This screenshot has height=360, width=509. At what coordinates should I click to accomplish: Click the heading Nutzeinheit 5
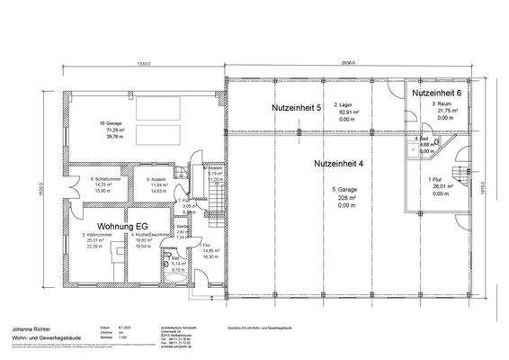click(296, 108)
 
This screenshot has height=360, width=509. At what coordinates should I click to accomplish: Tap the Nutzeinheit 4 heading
click(338, 164)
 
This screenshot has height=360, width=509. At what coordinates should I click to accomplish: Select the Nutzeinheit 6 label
click(437, 94)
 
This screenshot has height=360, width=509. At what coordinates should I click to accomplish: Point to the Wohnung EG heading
click(110, 216)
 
